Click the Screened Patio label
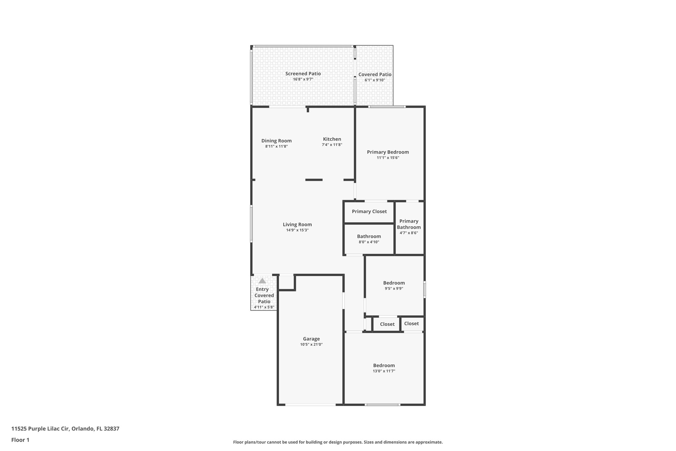tap(303, 74)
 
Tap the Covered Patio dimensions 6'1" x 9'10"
tap(375, 80)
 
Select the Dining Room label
tap(276, 141)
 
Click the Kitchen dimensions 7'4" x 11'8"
tap(332, 145)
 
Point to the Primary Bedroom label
tap(388, 152)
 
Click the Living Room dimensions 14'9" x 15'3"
tap(297, 230)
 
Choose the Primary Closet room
tap(369, 211)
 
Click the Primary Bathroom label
tap(409, 224)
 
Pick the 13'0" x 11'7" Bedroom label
tap(384, 365)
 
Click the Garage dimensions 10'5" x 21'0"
tap(311, 345)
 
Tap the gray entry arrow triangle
tap(262, 281)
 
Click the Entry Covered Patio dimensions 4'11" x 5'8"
tap(264, 307)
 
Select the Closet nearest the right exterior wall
tap(411, 323)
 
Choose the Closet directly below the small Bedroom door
tap(387, 324)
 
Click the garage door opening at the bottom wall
tap(310, 404)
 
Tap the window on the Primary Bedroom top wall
tap(387, 107)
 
